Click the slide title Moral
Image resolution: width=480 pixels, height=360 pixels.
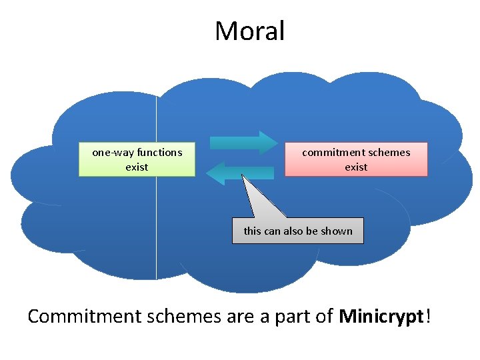tap(249, 31)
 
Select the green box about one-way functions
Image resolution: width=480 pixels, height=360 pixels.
tap(137, 159)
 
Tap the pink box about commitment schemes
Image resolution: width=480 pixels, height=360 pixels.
tap(356, 159)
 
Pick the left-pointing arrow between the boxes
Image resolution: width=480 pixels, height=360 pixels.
tap(240, 173)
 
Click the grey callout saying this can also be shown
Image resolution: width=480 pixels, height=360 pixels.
tap(298, 231)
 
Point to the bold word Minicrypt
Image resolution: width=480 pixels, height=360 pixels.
tap(381, 316)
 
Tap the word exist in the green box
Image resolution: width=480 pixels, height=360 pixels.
tap(137, 167)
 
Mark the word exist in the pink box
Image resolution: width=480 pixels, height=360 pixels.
tap(356, 167)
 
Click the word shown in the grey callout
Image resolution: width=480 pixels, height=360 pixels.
tap(337, 231)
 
